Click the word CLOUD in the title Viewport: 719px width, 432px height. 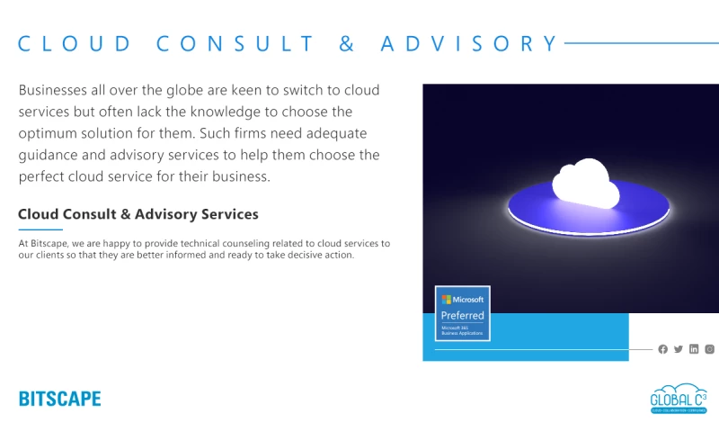click(x=75, y=43)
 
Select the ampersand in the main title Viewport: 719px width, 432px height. click(x=347, y=43)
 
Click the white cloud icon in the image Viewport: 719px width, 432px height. click(x=585, y=181)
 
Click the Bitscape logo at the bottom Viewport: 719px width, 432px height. click(x=60, y=399)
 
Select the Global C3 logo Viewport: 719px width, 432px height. click(x=679, y=399)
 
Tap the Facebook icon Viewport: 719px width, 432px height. click(x=663, y=349)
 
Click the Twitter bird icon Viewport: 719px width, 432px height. click(x=679, y=349)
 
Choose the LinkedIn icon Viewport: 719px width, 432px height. click(x=694, y=349)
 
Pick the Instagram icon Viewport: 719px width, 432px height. click(x=709, y=349)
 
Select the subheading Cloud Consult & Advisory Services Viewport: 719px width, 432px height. click(x=138, y=214)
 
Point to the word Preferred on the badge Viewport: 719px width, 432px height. click(x=463, y=315)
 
